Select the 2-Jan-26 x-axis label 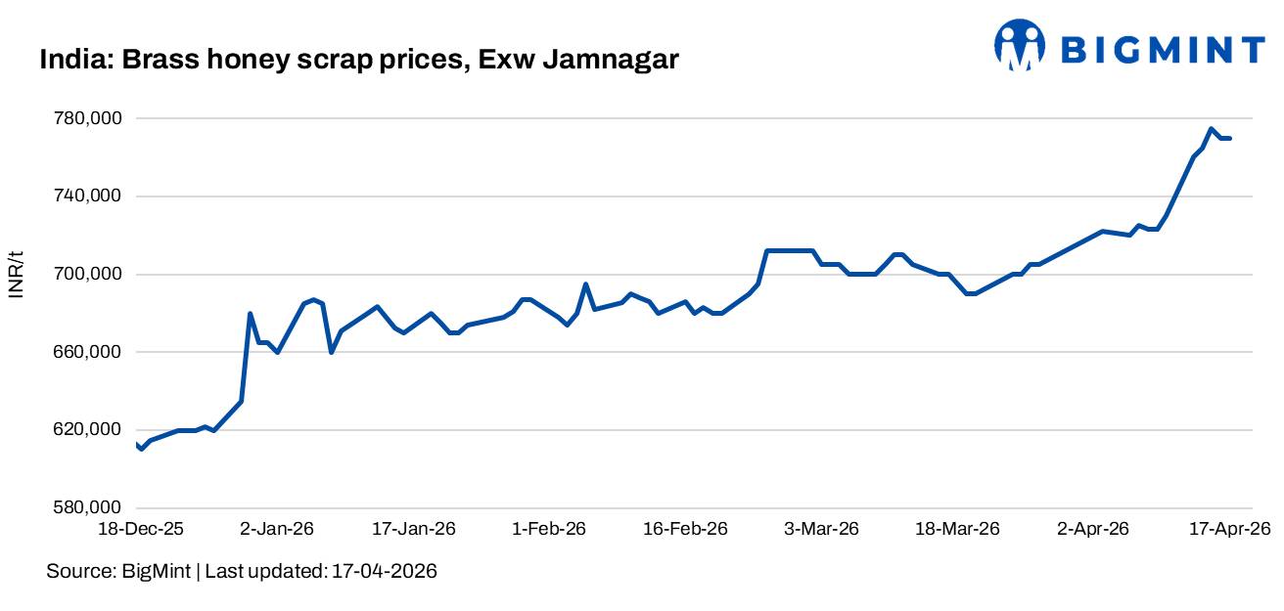[x=277, y=529]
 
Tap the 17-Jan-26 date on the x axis [x=415, y=529]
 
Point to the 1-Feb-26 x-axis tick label [x=549, y=529]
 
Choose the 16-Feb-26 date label [x=686, y=529]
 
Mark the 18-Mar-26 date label [x=957, y=529]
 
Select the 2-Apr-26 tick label [x=1093, y=529]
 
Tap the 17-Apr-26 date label [x=1229, y=529]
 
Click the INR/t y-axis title [x=17, y=275]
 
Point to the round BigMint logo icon [x=1020, y=45]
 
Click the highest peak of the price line [x=1211, y=128]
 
